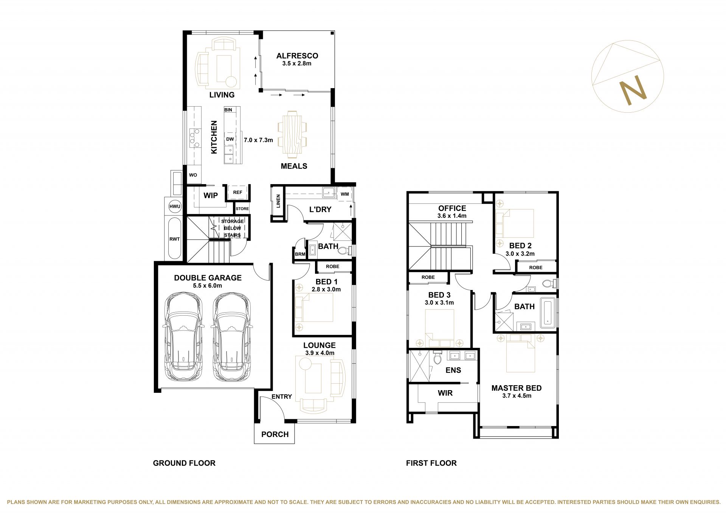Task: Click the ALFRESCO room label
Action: (x=297, y=56)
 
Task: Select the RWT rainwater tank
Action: (x=174, y=239)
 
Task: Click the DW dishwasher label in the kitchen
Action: (x=230, y=139)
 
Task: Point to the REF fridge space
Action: (x=237, y=192)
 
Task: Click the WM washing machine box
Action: (x=345, y=194)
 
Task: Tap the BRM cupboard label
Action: (x=300, y=254)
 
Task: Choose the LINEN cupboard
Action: (x=278, y=201)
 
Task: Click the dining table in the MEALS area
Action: (x=292, y=135)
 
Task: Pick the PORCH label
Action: (x=275, y=434)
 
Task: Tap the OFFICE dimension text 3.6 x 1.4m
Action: (x=452, y=216)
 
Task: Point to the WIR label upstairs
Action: (x=445, y=393)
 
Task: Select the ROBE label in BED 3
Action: (x=428, y=277)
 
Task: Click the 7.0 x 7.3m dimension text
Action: (x=258, y=140)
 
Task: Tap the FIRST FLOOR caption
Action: (x=431, y=463)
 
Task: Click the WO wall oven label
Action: (x=193, y=175)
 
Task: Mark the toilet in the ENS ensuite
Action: (x=437, y=358)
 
